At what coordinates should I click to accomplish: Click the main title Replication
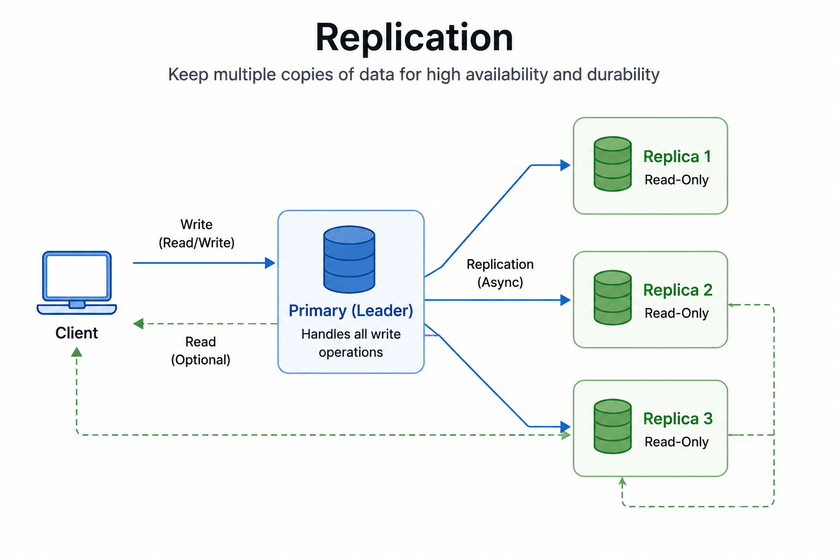tap(414, 38)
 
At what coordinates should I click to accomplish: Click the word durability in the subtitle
tap(623, 74)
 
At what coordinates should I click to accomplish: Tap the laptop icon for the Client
tap(77, 283)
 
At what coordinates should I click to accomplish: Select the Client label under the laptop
tap(77, 333)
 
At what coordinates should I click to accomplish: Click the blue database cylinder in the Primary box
tap(349, 259)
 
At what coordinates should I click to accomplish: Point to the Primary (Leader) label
tap(351, 311)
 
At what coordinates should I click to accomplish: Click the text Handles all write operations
tap(351, 343)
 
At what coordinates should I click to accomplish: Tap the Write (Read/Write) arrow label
tap(196, 234)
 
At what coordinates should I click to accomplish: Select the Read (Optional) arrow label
tap(201, 351)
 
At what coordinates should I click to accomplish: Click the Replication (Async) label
tap(500, 273)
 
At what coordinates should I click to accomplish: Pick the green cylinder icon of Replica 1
tap(613, 164)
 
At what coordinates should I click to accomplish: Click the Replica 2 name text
tap(678, 290)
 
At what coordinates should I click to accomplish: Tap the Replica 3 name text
tap(678, 419)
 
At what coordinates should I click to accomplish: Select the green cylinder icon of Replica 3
tap(613, 426)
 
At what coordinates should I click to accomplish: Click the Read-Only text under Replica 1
tap(677, 180)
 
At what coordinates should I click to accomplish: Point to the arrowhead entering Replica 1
tap(565, 165)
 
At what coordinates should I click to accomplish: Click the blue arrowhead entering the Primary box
tap(270, 263)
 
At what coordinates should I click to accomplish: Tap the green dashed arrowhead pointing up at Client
tap(77, 352)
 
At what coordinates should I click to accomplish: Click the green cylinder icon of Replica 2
tap(613, 298)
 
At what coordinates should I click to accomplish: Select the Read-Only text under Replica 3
tap(677, 442)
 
